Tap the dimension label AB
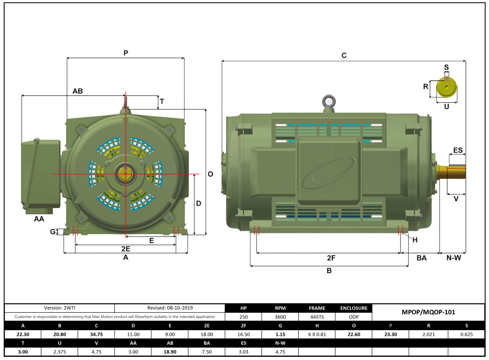pyautogui.click(x=78, y=91)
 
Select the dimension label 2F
pyautogui.click(x=331, y=258)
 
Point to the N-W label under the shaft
pyautogui.click(x=453, y=258)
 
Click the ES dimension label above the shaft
pyautogui.click(x=458, y=150)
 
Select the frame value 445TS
pyautogui.click(x=317, y=317)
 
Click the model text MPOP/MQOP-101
pyautogui.click(x=428, y=312)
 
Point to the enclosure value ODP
pyautogui.click(x=354, y=317)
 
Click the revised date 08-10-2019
pyautogui.click(x=169, y=308)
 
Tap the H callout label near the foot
pyautogui.click(x=415, y=240)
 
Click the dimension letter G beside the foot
pyautogui.click(x=53, y=232)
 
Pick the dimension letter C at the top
pyautogui.click(x=344, y=55)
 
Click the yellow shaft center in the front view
pyautogui.click(x=126, y=174)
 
